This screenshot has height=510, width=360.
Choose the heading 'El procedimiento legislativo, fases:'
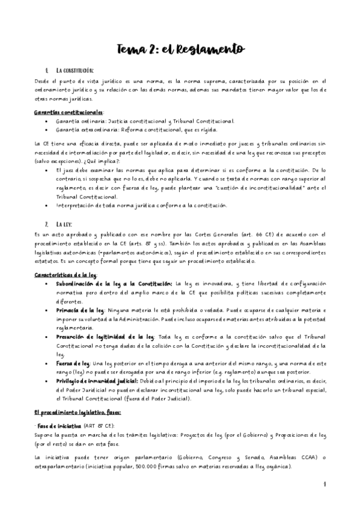coord(78,413)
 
